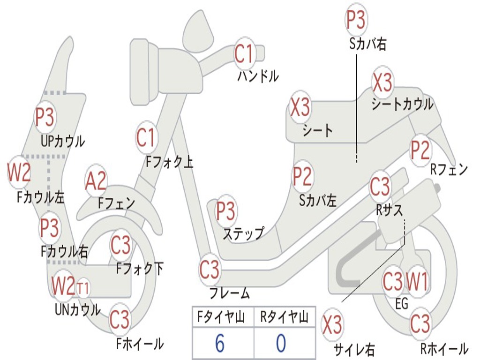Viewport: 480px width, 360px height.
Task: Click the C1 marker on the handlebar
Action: (244, 54)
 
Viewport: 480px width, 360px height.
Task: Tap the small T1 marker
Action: (82, 288)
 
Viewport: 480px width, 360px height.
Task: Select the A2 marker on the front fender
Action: (96, 181)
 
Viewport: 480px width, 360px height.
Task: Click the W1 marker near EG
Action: (417, 281)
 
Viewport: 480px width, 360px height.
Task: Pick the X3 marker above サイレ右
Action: (332, 324)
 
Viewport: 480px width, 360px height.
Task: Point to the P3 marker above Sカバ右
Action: (356, 19)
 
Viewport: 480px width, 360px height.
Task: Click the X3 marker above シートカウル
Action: (382, 82)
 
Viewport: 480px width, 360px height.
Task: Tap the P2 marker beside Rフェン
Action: (420, 150)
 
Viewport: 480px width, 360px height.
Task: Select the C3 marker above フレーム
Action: (210, 270)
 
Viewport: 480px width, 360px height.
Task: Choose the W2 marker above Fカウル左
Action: (19, 172)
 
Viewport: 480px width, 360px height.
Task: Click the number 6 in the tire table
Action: (220, 343)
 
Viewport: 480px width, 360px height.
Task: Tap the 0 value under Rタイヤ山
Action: (281, 343)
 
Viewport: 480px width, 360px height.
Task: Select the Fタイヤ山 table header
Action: (221, 317)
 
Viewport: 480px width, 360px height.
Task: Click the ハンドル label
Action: (258, 76)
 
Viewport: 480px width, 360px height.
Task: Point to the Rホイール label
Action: (444, 349)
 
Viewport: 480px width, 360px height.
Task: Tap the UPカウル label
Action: (63, 141)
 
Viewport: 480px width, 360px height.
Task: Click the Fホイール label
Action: (140, 344)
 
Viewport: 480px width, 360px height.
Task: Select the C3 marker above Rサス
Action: (380, 186)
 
